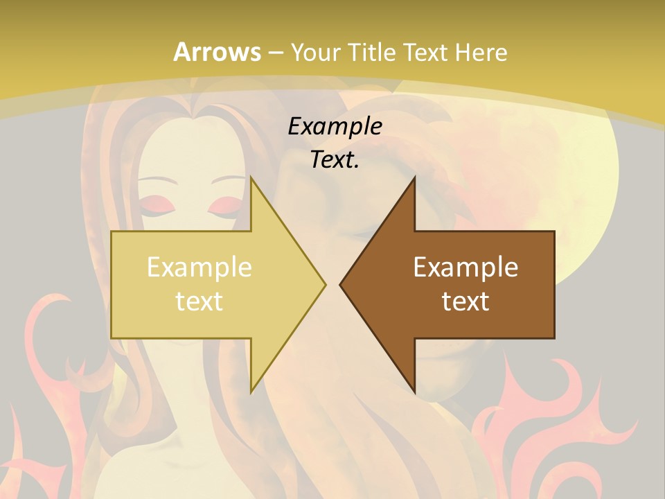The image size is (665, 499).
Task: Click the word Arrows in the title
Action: [218, 53]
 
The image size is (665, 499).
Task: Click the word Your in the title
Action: [316, 53]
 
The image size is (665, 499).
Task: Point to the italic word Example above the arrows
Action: [335, 127]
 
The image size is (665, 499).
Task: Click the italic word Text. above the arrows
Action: [335, 160]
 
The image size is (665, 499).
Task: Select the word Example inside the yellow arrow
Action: [199, 268]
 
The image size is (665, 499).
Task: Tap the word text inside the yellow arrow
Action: [199, 301]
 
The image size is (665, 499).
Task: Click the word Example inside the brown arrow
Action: [465, 268]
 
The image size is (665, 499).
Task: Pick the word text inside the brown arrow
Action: [465, 301]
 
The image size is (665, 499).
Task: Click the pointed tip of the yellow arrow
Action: [325, 284]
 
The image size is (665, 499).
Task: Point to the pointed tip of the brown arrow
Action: [340, 284]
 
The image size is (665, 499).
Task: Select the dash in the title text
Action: [275, 53]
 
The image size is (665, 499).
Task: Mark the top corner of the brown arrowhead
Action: [414, 177]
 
